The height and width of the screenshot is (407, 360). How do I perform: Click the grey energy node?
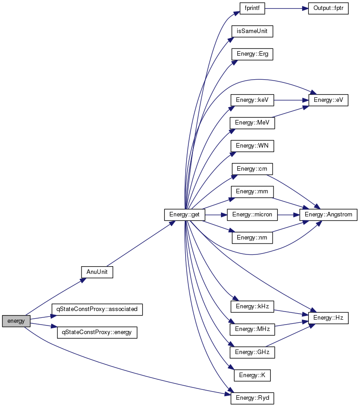click(16, 321)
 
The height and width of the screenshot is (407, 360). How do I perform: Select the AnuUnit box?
click(97, 272)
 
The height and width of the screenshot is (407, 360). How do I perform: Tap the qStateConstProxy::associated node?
click(97, 309)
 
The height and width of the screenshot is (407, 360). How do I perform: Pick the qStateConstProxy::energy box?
click(97, 332)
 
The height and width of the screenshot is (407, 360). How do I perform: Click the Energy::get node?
click(185, 215)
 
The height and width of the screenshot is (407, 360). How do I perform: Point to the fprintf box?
click(252, 8)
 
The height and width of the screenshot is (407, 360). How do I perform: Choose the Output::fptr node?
click(328, 8)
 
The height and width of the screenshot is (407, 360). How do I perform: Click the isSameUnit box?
click(252, 31)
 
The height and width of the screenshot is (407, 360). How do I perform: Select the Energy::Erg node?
click(252, 54)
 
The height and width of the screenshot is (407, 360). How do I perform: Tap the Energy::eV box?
click(328, 100)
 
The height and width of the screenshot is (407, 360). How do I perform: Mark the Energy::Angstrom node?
click(328, 215)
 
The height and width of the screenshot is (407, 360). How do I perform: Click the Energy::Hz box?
click(328, 318)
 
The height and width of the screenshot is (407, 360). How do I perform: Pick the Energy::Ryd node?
click(252, 398)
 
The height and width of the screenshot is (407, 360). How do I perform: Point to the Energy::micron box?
click(252, 215)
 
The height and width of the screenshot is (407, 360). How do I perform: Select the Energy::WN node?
click(252, 146)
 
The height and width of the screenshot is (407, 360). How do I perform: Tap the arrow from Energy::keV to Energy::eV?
click(291, 100)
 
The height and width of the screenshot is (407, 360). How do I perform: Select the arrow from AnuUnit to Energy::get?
click(141, 244)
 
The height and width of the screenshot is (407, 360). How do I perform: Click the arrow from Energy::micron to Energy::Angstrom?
click(288, 215)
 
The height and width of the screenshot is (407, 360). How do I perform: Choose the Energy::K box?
click(252, 375)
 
